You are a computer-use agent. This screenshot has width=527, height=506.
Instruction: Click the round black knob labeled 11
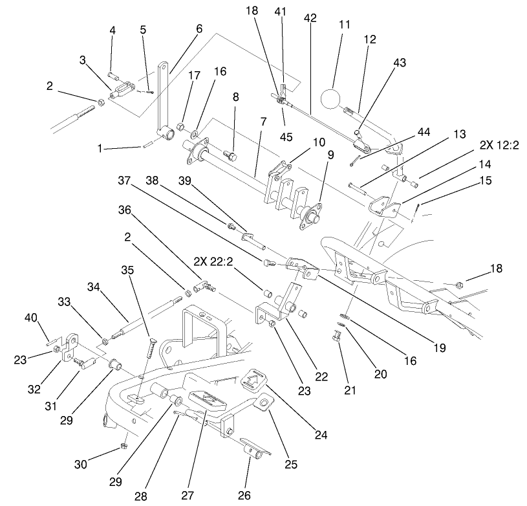[333, 99]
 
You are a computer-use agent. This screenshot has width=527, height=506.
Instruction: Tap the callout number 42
[310, 19]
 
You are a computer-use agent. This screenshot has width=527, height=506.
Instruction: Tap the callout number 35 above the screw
[131, 270]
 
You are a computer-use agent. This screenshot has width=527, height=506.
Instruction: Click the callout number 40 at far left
[31, 317]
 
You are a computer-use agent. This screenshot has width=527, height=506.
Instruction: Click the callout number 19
[440, 348]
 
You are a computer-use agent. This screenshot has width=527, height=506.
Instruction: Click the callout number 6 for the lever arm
[199, 28]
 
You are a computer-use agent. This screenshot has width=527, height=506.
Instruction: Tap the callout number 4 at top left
[113, 30]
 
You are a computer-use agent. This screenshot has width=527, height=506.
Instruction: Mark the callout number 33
[64, 302]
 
